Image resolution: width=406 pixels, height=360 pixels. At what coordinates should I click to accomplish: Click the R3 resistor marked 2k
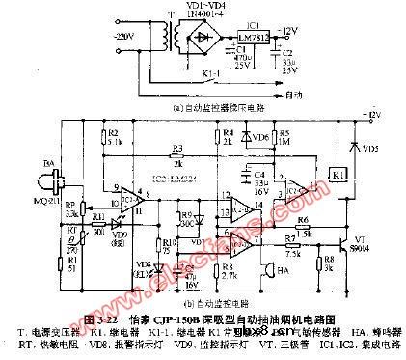[176, 156]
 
